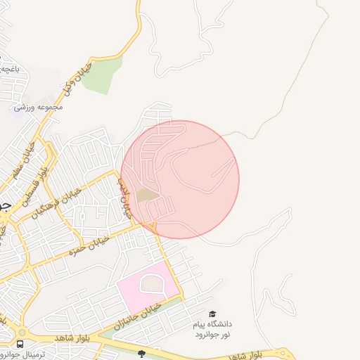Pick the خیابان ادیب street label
tap(124, 196)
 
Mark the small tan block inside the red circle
tap(146, 194)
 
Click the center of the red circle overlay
tap(180, 179)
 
